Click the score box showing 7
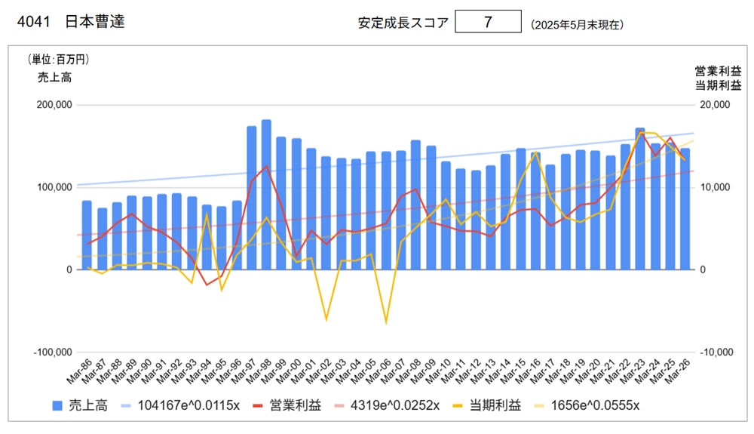[x=488, y=22]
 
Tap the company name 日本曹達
[x=95, y=22]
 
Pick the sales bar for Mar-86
[x=87, y=235]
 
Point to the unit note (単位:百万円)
[x=58, y=60]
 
